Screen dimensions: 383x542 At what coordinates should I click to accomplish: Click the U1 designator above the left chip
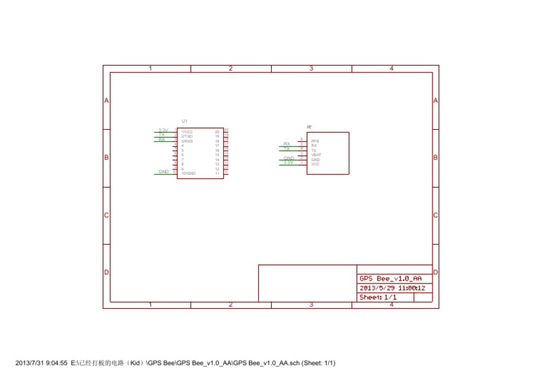pos(184,121)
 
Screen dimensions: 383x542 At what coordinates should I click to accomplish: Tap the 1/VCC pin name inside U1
pos(187,132)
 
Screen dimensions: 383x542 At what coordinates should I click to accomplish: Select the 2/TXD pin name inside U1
pos(187,136)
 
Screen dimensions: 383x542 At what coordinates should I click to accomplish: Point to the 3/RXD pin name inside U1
pos(187,141)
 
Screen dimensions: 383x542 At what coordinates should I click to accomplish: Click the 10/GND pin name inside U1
pos(188,173)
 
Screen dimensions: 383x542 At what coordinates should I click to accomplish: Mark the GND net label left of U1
pos(163,171)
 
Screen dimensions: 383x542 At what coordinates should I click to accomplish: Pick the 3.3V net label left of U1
pos(163,130)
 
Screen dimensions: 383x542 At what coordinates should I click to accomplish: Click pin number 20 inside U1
pos(217,132)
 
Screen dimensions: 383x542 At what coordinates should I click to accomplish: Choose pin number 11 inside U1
pos(217,173)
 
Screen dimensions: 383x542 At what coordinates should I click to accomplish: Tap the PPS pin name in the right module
pos(315,141)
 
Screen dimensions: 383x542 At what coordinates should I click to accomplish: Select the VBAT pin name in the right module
pos(315,154)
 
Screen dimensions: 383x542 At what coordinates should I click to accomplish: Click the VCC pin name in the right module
pos(315,164)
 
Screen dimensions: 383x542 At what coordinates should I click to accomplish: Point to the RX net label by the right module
pos(287,144)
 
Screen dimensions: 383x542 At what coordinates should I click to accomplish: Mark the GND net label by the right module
pos(289,158)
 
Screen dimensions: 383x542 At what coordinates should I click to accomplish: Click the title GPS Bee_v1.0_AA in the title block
pos(391,279)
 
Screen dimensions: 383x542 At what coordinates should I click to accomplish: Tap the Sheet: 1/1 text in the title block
pos(378,298)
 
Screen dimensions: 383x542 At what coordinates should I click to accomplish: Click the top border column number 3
pos(311,68)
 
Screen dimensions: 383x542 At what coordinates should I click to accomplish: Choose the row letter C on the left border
pos(107,215)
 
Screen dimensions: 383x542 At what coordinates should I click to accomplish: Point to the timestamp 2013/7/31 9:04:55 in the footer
pos(42,363)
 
